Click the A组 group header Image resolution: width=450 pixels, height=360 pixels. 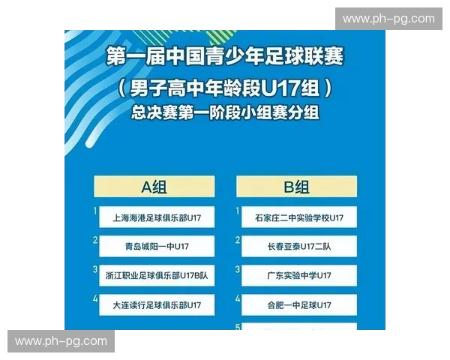[x=154, y=187]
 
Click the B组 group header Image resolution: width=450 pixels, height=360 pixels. [x=296, y=187]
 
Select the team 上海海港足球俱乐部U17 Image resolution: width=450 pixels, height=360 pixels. [x=157, y=217]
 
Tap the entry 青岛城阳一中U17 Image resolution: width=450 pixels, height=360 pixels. [x=157, y=246]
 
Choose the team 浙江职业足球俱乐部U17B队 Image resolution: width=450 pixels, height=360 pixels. [x=157, y=275]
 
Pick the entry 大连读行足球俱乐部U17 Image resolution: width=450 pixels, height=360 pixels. [x=157, y=304]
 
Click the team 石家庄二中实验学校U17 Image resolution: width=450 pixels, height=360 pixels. [x=299, y=217]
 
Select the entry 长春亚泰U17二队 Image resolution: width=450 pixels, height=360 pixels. [x=299, y=246]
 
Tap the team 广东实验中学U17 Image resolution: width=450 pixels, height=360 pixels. [x=299, y=275]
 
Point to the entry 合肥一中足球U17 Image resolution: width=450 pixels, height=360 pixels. [x=299, y=304]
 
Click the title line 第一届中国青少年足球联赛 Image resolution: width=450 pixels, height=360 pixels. [x=224, y=57]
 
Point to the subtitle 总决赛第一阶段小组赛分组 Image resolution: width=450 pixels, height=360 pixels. [x=224, y=113]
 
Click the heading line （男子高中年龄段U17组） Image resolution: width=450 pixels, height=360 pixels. [x=224, y=88]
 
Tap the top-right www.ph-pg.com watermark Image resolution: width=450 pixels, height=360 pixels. [x=388, y=19]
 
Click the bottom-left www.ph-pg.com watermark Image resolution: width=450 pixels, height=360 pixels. [x=61, y=341]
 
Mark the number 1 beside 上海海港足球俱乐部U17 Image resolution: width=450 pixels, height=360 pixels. [x=95, y=211]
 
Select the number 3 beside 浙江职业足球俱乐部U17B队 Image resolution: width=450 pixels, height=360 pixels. [x=95, y=268]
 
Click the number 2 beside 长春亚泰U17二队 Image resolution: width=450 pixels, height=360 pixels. [x=238, y=240]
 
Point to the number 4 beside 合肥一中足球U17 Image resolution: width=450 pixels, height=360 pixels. [x=238, y=298]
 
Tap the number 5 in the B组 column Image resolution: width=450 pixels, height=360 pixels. [x=238, y=326]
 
